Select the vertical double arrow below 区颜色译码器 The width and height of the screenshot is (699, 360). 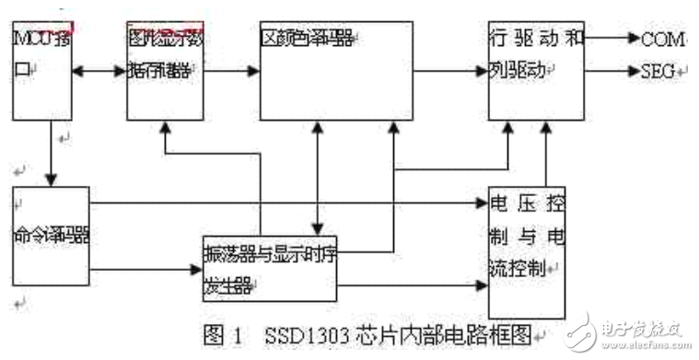click(x=318, y=179)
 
